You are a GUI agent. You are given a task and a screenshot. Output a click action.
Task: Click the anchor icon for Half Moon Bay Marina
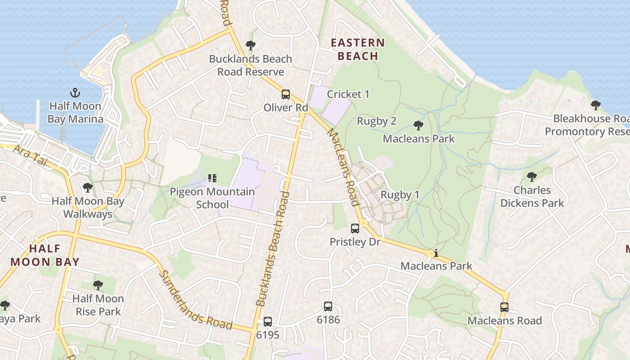click(x=76, y=93)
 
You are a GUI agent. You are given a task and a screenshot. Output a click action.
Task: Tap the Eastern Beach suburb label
click(x=358, y=49)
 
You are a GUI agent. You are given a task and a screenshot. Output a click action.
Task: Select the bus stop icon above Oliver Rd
click(x=286, y=94)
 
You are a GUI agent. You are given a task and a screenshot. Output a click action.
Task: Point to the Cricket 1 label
click(x=348, y=94)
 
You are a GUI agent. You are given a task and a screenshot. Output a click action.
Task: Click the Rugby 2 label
click(x=376, y=121)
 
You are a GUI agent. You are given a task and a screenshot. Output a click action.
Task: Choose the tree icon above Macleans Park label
click(x=418, y=125)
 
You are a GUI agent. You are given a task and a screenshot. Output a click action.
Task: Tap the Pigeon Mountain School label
click(x=212, y=198)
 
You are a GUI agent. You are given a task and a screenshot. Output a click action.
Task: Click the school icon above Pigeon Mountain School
click(x=212, y=178)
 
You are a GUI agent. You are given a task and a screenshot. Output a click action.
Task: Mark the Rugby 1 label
click(x=400, y=195)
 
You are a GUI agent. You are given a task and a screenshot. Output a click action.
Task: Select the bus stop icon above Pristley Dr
click(x=355, y=228)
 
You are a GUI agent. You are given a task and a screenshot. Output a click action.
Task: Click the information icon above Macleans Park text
click(x=436, y=253)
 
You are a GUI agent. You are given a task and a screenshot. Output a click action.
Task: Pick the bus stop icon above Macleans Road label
click(x=504, y=307)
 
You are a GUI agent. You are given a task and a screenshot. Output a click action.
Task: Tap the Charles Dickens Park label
click(x=532, y=197)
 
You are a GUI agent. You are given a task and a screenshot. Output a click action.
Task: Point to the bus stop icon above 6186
click(x=328, y=306)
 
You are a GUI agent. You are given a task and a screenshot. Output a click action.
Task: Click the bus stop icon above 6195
click(x=268, y=322)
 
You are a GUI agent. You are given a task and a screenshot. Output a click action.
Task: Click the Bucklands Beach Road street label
click(x=272, y=250)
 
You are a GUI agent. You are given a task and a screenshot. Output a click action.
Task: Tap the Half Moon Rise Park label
click(x=98, y=305)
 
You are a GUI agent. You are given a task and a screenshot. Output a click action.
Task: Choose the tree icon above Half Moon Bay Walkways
click(x=88, y=188)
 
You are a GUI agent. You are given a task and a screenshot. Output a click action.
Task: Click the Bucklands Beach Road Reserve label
click(x=251, y=65)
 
